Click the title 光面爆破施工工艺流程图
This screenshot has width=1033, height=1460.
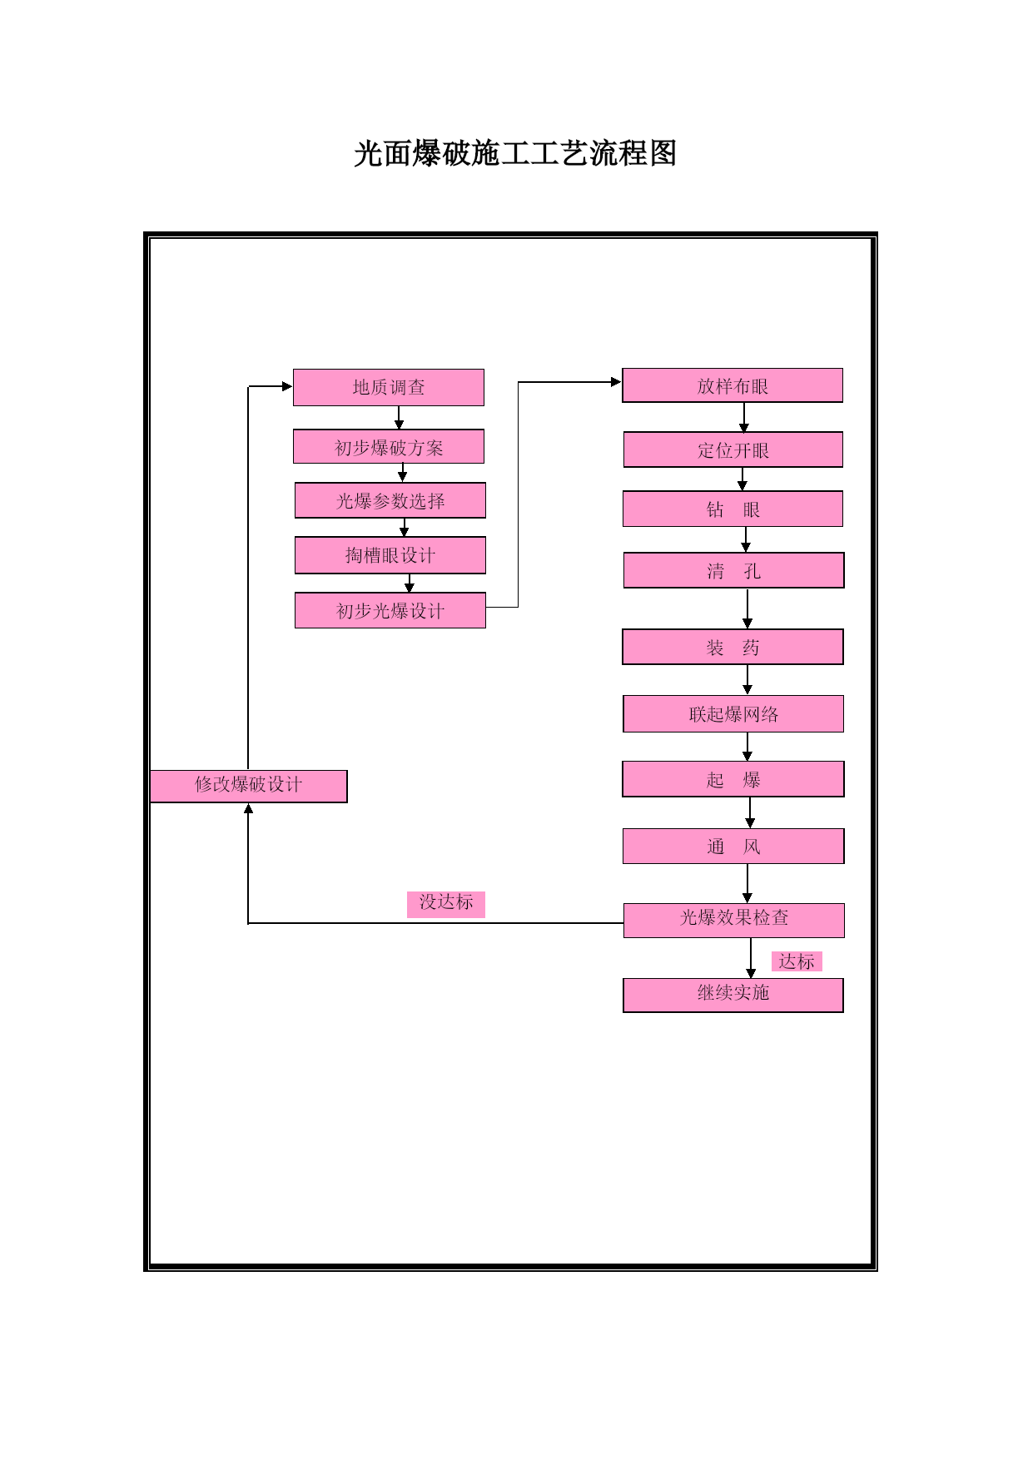[x=515, y=154]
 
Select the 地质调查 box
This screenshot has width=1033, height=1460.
[x=389, y=387]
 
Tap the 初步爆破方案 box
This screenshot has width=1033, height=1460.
[x=389, y=447]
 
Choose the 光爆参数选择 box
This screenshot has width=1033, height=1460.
[x=390, y=500]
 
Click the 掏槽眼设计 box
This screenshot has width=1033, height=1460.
[x=390, y=555]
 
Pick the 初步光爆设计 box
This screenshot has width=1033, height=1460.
[x=390, y=610]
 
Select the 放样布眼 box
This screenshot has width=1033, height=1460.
[x=733, y=385]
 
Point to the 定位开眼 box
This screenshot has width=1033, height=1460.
[x=733, y=449]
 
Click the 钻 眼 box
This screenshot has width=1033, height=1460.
[x=733, y=509]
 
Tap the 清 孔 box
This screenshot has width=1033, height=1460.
[x=734, y=570]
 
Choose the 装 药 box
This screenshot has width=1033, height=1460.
[x=733, y=647]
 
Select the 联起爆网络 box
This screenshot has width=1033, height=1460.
[x=733, y=713]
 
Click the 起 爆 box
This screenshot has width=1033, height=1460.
[x=733, y=779]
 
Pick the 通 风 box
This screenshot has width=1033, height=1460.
[x=733, y=846]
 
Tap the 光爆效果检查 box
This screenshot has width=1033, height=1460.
[x=734, y=920]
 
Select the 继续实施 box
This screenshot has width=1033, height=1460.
[x=733, y=995]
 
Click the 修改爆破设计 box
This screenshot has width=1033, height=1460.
[x=249, y=786]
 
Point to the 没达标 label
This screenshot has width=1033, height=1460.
[x=446, y=904]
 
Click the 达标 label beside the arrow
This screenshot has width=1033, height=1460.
[x=797, y=961]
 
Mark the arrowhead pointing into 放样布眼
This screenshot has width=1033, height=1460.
[x=617, y=382]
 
